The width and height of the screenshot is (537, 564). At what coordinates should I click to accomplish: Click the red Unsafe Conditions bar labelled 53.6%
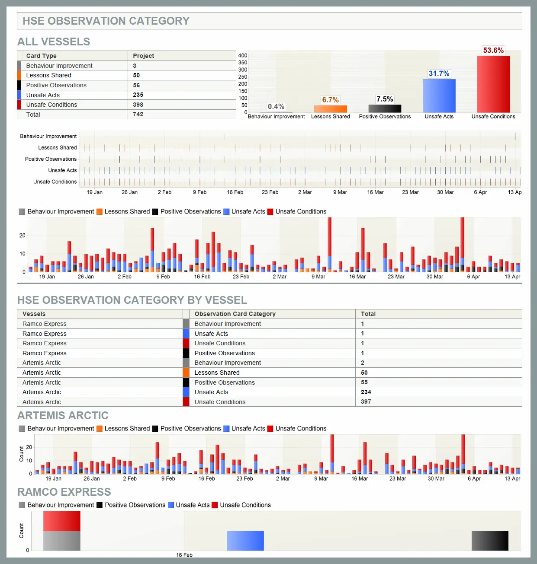point(493,84)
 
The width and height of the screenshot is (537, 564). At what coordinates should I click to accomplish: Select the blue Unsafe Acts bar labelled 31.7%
point(439,96)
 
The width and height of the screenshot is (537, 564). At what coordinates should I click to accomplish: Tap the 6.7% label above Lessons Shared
point(330,100)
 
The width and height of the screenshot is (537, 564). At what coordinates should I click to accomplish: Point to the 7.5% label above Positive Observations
point(385,99)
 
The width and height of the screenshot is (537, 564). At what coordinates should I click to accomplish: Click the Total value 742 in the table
point(138,114)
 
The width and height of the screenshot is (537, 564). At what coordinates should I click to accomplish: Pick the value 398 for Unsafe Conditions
point(138,105)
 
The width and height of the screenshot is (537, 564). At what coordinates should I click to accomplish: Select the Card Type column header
point(42,56)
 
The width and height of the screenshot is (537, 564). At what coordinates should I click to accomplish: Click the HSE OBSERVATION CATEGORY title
point(106,21)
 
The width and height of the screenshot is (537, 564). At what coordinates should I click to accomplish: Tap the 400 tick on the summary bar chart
point(242,55)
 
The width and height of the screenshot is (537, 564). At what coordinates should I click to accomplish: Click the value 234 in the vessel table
point(366,392)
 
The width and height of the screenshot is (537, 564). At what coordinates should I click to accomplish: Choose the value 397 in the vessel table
point(366,401)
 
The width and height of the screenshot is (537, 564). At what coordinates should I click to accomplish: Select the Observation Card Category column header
point(235,314)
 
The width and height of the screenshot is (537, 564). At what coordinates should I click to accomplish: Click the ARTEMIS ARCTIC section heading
point(63,415)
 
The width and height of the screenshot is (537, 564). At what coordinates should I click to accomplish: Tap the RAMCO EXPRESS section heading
point(64,492)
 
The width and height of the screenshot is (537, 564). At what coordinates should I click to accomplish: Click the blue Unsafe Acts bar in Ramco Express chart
point(245,541)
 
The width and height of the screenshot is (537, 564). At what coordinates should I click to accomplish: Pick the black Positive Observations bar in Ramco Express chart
point(490,541)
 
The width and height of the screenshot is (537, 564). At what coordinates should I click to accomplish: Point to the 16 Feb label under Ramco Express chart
point(184,555)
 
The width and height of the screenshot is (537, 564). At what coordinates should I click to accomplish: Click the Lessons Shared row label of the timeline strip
point(58,147)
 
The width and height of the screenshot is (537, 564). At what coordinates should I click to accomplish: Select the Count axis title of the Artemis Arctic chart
point(21,454)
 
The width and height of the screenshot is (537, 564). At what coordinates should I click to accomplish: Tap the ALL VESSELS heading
point(54,41)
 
